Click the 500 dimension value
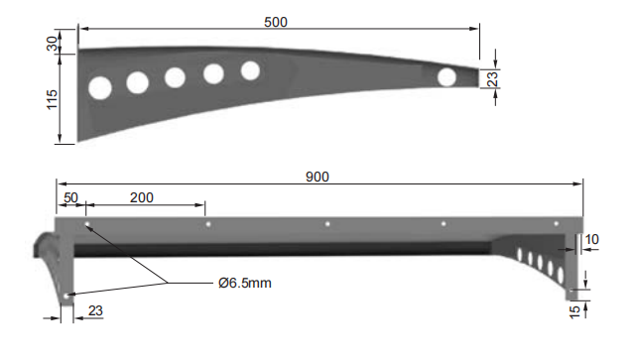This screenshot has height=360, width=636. (x=278, y=21)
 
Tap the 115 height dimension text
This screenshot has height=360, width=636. (x=52, y=100)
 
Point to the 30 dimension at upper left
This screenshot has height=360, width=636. (x=52, y=43)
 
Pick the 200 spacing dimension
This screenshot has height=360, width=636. (x=142, y=197)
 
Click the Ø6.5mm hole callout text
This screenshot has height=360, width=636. (x=244, y=283)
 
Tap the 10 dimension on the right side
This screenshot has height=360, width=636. (x=592, y=239)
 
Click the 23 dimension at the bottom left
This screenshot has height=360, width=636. (x=95, y=310)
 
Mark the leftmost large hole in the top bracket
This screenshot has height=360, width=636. (x=99, y=88)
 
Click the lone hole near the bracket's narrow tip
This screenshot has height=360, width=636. (x=447, y=76)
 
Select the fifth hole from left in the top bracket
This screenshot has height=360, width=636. (x=250, y=70)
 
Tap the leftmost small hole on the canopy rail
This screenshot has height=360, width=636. (x=87, y=225)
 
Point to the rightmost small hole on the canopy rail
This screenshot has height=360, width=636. (x=556, y=224)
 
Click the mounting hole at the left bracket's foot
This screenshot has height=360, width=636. (x=65, y=295)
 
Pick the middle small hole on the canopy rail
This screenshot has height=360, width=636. (x=327, y=224)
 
